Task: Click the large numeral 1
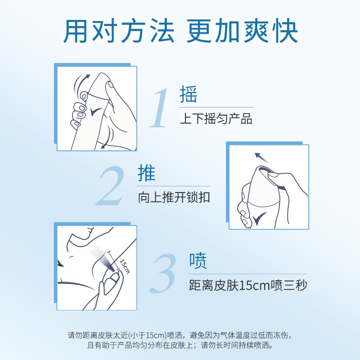[160, 108]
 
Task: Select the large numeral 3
[163, 274]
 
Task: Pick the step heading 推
[147, 174]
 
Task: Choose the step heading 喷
[198, 261]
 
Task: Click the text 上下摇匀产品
[216, 119]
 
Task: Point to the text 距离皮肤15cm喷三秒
[248, 285]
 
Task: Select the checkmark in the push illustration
[260, 219]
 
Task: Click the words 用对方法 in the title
[119, 30]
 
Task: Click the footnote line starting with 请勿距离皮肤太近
[180, 335]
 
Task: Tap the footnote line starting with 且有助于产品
[180, 346]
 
